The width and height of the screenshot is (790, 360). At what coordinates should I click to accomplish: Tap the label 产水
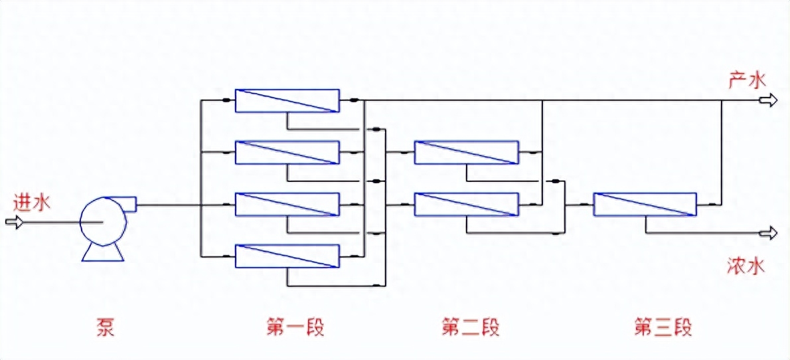point(747,81)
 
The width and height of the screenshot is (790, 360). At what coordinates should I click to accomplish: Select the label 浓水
point(747,266)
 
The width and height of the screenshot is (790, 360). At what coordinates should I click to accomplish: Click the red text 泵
point(106,327)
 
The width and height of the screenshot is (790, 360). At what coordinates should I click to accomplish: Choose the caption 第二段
point(470,327)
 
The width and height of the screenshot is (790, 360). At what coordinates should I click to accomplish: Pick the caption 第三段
point(663,327)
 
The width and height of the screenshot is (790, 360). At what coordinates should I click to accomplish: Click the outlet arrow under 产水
point(769,100)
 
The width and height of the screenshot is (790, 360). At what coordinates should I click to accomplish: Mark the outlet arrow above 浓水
point(769,232)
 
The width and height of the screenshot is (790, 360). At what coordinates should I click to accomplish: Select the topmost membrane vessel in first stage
point(287,100)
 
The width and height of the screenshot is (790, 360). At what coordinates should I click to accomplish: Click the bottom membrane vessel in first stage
point(287,256)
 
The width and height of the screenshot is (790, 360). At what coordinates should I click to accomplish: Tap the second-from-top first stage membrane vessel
point(287,153)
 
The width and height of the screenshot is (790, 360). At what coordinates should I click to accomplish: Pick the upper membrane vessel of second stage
point(466,152)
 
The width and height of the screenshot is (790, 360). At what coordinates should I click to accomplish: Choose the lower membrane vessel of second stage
point(466,205)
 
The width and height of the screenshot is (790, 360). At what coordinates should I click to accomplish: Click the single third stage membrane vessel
point(645,205)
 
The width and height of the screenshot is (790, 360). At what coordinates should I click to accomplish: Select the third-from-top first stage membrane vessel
point(287,205)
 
